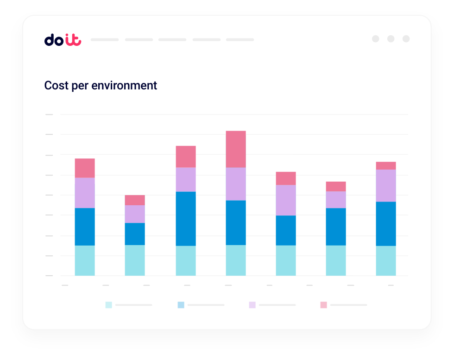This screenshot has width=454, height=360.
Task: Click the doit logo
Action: click(63, 40)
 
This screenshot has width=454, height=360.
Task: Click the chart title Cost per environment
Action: click(101, 86)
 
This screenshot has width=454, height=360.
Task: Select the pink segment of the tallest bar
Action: click(236, 149)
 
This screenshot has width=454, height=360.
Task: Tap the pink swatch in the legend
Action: click(323, 305)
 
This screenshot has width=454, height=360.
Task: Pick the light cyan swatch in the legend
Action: click(108, 305)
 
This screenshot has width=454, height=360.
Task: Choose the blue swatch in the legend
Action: click(181, 305)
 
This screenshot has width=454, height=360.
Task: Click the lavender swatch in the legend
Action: click(252, 305)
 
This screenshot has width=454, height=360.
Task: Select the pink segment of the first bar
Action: click(85, 168)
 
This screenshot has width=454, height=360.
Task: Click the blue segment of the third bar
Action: click(186, 218)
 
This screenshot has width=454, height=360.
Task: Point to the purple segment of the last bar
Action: click(386, 185)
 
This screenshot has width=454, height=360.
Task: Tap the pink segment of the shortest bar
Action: click(135, 200)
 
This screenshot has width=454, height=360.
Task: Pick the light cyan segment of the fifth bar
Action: click(286, 260)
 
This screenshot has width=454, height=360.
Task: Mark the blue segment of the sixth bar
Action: click(336, 227)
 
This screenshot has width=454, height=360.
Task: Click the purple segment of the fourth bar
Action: click(236, 183)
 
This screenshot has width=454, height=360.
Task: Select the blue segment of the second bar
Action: click(135, 234)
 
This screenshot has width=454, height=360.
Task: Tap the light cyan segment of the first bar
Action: click(85, 260)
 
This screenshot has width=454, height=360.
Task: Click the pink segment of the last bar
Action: click(386, 165)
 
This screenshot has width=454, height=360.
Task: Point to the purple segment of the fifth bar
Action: click(286, 200)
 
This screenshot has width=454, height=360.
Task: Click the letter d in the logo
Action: click(49, 40)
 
